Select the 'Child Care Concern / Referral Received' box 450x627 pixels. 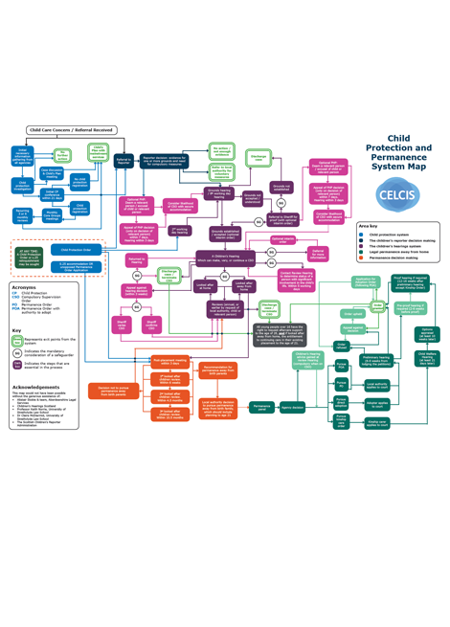pos(72,129)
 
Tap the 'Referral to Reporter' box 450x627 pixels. pos(124,162)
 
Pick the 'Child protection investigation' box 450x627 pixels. pos(23,184)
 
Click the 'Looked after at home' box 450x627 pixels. pos(205,285)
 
